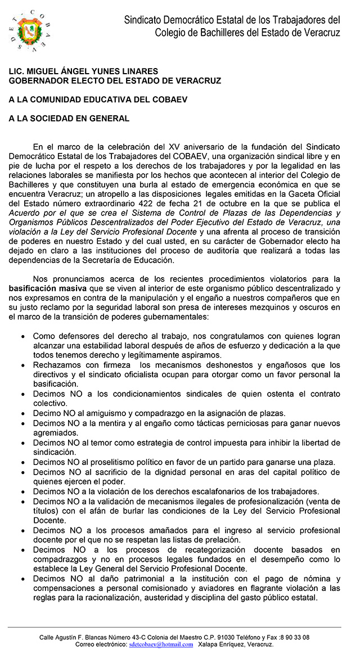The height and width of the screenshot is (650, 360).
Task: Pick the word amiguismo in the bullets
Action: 111,413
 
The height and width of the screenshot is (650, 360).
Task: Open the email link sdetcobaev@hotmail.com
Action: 161,644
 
